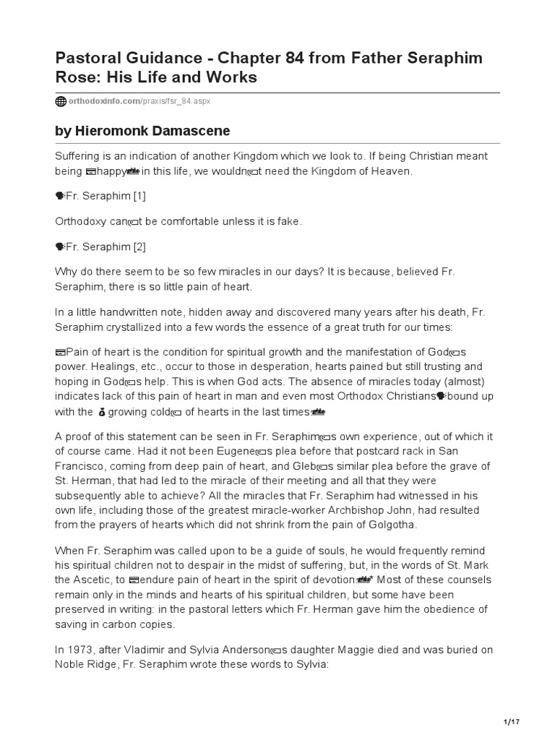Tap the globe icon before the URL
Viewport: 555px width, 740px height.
[x=61, y=101]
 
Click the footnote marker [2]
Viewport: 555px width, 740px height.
[x=138, y=246]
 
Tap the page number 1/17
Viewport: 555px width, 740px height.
[x=511, y=721]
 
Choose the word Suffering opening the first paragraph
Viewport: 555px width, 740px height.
[x=79, y=156]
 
